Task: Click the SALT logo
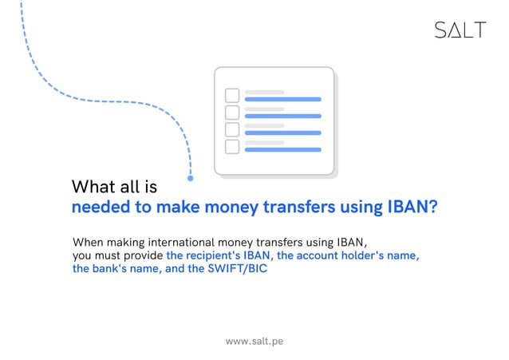(460, 30)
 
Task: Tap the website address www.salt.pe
(254, 341)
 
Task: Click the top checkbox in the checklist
(232, 95)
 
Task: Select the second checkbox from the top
(232, 113)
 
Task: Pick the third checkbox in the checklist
(232, 129)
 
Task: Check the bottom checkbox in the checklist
(232, 146)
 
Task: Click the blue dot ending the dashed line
(190, 178)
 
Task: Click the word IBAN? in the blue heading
(412, 208)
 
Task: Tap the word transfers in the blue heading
(292, 208)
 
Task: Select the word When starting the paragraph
(88, 241)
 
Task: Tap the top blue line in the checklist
(282, 100)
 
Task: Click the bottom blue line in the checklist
(282, 149)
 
